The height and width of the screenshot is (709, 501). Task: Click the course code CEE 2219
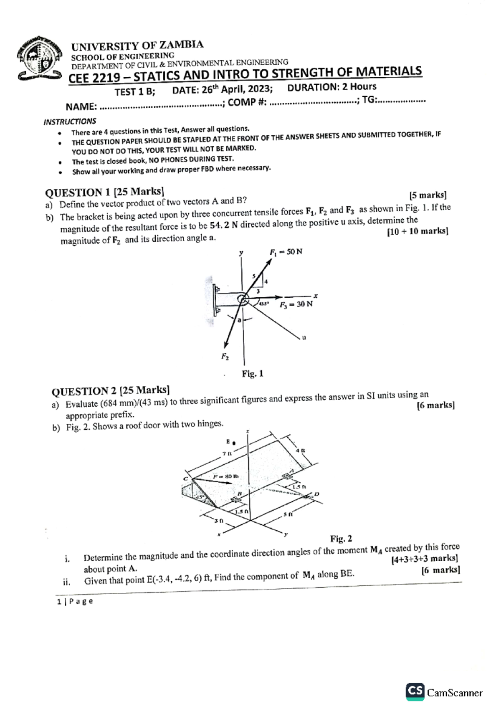click(95, 78)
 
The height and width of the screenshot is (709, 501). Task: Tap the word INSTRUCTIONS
click(70, 122)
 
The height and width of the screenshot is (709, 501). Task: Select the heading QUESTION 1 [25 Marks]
click(104, 192)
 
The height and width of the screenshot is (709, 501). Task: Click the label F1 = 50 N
click(286, 252)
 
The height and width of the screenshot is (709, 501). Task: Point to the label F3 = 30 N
click(296, 304)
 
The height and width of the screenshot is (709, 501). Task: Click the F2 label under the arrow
click(225, 357)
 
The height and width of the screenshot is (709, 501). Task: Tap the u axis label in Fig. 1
click(304, 337)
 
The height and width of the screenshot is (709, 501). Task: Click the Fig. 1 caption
click(253, 373)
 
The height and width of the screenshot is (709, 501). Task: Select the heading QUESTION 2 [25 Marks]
click(110, 391)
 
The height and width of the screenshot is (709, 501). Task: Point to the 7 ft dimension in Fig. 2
click(227, 453)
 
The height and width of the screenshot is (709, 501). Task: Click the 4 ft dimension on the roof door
click(300, 451)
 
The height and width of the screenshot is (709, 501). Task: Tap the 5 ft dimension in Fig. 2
click(288, 514)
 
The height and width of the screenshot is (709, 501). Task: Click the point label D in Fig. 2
click(316, 494)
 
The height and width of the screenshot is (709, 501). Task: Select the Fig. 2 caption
click(341, 539)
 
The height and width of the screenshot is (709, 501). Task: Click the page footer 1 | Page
click(75, 601)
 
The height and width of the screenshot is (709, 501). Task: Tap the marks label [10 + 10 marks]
click(417, 231)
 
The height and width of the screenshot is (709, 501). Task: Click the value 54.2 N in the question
click(224, 225)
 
